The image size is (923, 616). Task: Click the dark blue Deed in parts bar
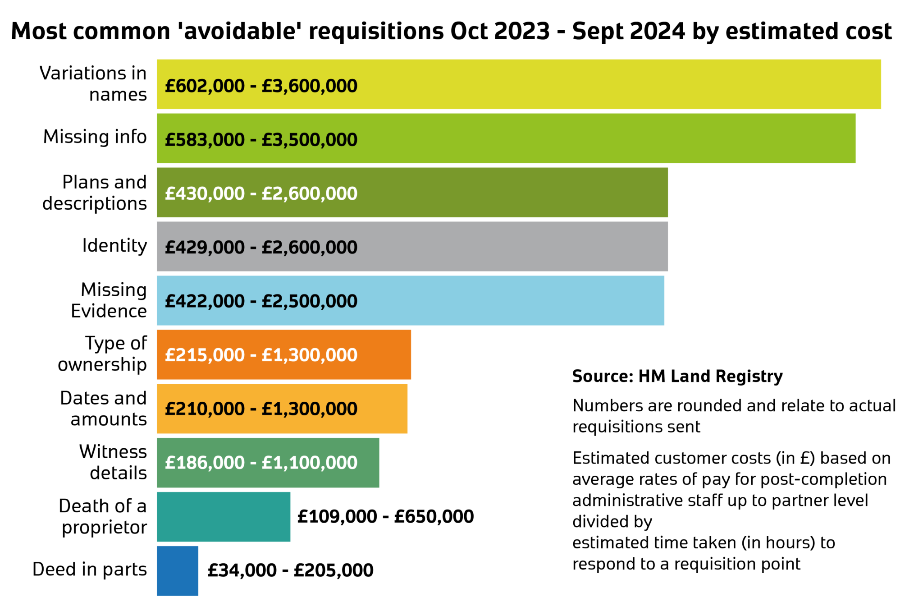point(178,570)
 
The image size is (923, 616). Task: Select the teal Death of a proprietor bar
point(224,516)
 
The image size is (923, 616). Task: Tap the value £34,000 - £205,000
point(290,570)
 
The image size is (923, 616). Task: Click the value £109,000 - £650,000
point(385,516)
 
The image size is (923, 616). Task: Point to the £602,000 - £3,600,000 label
point(261,86)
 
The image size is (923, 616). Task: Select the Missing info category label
point(95,137)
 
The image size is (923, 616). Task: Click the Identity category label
point(114,246)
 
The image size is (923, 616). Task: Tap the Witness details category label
point(113,462)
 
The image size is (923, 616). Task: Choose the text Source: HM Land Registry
point(677,376)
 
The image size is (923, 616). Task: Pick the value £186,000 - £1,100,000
point(261,463)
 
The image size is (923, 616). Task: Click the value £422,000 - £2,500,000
point(261,301)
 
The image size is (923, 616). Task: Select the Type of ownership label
point(103,354)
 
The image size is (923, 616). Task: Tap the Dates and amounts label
point(104,409)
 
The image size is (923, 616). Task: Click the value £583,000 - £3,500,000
point(261,140)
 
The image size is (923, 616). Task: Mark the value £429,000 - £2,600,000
point(261,247)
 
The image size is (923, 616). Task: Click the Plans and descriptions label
point(95,193)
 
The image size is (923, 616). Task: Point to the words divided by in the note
point(612,522)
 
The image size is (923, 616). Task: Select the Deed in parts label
point(90,570)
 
